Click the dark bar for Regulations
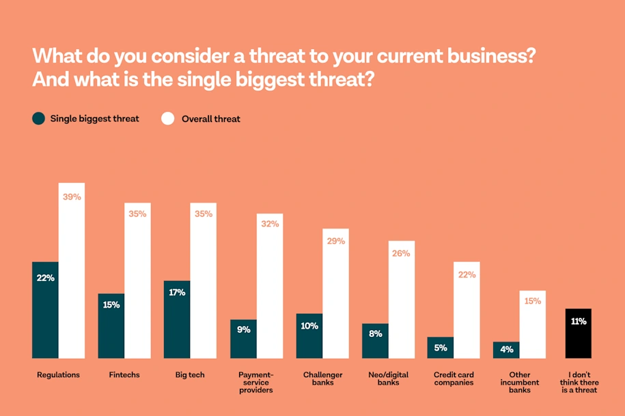point(45,310)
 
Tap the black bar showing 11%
point(579,333)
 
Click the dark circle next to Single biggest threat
point(38,119)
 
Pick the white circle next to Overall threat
point(168,119)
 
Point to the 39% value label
point(72,197)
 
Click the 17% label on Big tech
point(176,293)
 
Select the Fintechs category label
point(124,375)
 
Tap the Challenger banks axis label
point(322,378)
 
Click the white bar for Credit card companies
point(467,310)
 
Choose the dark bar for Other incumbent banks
point(506,350)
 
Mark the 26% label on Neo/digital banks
point(402,254)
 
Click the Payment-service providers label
point(256,382)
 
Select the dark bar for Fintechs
point(111,326)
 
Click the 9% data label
point(243,330)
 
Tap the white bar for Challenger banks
point(335,293)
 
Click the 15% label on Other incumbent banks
point(533,301)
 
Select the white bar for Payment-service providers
point(270,286)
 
